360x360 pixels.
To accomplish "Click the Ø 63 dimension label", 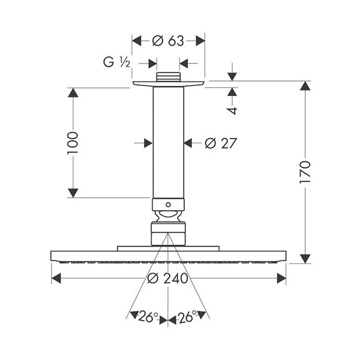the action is [168, 41].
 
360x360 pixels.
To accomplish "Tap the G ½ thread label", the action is [117, 62].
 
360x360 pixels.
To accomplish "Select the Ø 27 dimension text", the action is [220, 143].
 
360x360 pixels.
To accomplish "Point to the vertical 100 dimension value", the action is [73, 143].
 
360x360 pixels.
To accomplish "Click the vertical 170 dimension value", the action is [305, 172].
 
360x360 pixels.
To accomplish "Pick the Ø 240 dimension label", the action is [168, 278].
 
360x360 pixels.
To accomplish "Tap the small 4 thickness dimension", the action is [232, 110].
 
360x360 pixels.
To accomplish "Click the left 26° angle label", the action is [148, 317].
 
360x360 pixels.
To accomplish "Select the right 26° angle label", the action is [188, 317].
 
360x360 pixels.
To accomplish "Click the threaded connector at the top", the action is [168, 77].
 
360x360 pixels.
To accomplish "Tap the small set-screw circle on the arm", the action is [168, 205].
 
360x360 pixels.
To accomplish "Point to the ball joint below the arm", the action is [168, 217].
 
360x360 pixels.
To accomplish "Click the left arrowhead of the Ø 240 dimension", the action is [56, 278].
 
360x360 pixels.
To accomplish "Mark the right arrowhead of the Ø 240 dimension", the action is [281, 278].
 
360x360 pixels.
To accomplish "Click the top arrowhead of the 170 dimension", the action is [305, 86].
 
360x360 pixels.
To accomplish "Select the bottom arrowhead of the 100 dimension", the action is [73, 193].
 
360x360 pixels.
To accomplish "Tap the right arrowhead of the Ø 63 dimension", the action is [200, 41].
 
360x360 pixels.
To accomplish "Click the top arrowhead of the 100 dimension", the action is [73, 92].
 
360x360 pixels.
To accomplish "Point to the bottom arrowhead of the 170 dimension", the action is [305, 259].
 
